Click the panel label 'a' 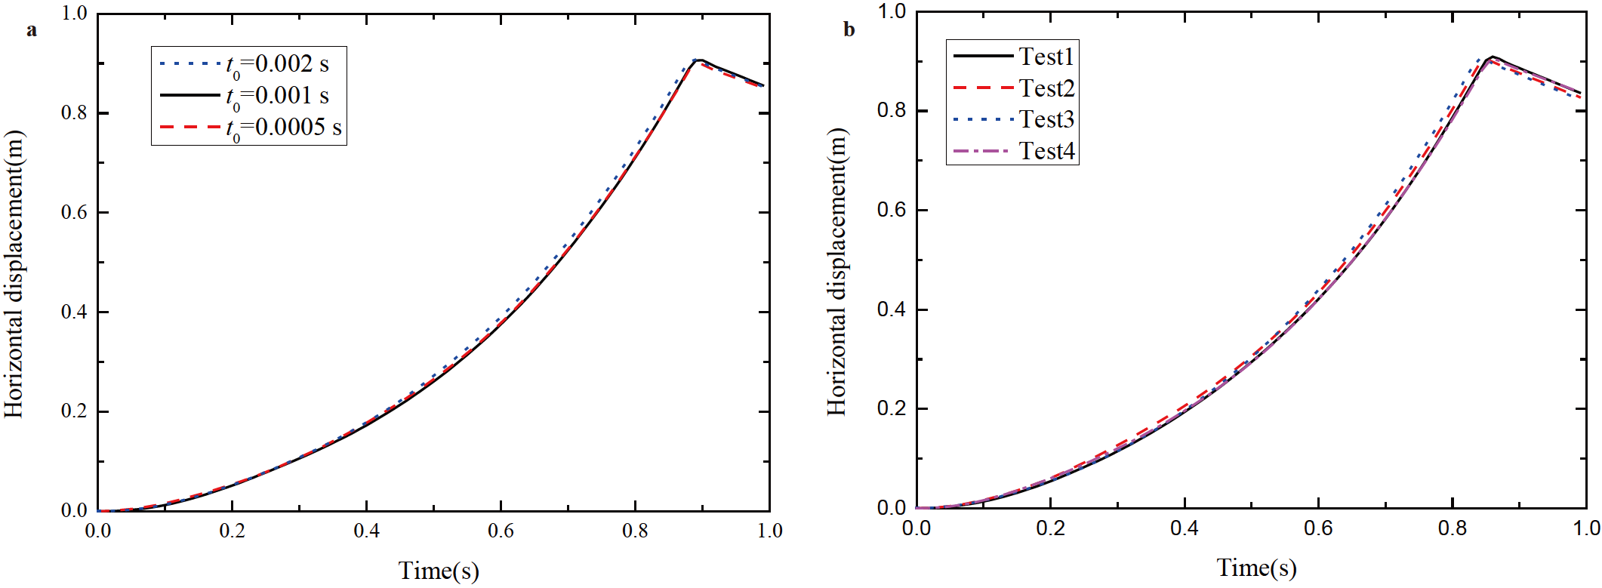point(31,31)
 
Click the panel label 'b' point(849,30)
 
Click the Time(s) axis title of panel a point(439,571)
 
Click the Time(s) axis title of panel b point(1256,568)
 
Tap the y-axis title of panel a point(14,274)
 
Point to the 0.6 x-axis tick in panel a point(501,531)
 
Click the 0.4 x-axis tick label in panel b point(1184,528)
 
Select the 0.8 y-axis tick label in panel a point(74,113)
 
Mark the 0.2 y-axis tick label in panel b point(891,408)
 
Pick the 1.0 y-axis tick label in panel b point(891,11)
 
